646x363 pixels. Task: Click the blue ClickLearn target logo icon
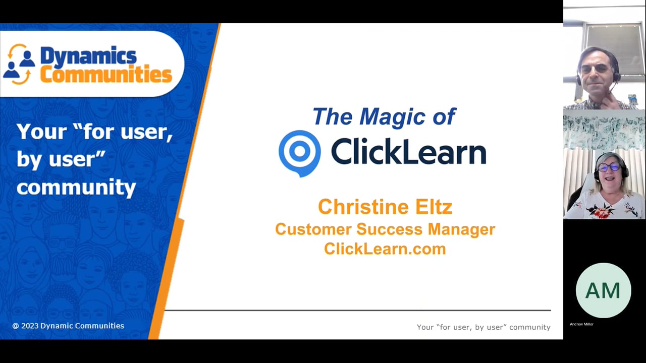click(x=299, y=153)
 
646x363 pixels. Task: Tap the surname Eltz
click(x=433, y=207)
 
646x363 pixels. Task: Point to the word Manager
click(x=461, y=229)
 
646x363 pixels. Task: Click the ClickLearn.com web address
click(x=385, y=249)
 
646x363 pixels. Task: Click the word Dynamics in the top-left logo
click(x=88, y=56)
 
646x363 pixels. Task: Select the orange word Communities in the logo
click(x=106, y=75)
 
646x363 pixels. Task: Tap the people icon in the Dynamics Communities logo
click(x=19, y=64)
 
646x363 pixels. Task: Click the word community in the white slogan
click(x=76, y=187)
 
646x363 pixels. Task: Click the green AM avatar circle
click(x=603, y=290)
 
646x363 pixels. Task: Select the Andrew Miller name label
click(x=581, y=324)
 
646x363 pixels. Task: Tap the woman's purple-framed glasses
click(x=609, y=167)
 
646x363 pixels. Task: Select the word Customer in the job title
click(x=313, y=229)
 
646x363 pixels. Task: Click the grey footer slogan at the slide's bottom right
click(x=483, y=327)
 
